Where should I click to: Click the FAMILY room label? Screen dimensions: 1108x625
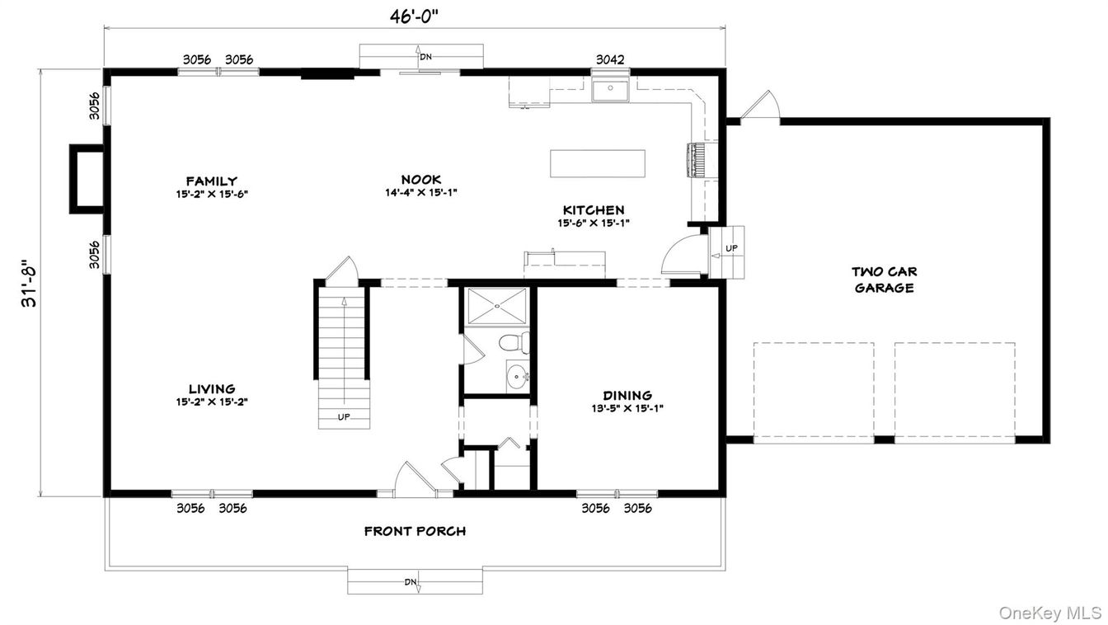[x=212, y=181]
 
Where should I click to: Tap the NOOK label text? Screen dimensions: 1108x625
[x=421, y=180]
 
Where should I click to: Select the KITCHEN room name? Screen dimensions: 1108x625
[x=594, y=209]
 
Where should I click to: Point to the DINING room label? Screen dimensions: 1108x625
[x=627, y=396]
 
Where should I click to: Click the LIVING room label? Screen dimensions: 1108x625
[x=212, y=389]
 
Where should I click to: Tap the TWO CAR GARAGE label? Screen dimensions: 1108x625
[x=884, y=280]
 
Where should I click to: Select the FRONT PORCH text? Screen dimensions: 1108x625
[x=415, y=532]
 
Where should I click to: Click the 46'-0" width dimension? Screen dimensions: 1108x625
[x=415, y=16]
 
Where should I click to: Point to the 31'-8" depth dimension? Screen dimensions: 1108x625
[x=29, y=283]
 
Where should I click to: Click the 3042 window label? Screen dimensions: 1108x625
[x=610, y=60]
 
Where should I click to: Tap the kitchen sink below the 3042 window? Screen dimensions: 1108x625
[x=610, y=90]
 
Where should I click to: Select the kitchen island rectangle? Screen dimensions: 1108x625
[x=598, y=163]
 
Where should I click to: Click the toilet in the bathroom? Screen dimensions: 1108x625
[x=514, y=342]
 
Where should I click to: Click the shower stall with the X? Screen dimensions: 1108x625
[x=497, y=306]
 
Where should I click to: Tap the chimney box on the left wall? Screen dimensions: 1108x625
[x=87, y=179]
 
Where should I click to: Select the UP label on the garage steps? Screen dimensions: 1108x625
[x=731, y=248]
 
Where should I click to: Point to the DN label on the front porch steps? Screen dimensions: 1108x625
[x=411, y=582]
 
